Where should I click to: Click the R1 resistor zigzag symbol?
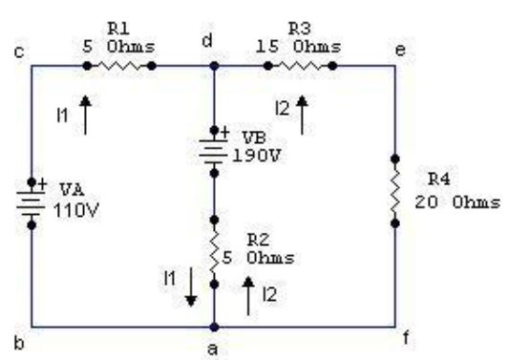click(119, 66)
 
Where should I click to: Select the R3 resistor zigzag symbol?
click(300, 66)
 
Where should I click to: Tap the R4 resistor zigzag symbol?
click(395, 191)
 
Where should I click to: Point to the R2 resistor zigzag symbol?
click(214, 252)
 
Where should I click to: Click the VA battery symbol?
click(32, 203)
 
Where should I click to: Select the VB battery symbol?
click(214, 152)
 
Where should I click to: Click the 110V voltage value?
click(76, 211)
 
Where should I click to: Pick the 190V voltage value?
click(256, 157)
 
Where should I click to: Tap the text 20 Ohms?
click(457, 202)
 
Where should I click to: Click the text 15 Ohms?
click(298, 47)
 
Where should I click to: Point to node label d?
click(207, 40)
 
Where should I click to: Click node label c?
click(19, 53)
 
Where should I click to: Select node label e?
click(400, 51)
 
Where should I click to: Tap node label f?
click(406, 338)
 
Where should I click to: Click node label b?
click(19, 343)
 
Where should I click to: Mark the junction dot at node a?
click(214, 327)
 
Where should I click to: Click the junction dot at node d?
click(214, 66)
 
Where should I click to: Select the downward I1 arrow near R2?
click(191, 286)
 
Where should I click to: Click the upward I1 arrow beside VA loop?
click(86, 115)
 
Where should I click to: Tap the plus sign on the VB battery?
click(224, 133)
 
